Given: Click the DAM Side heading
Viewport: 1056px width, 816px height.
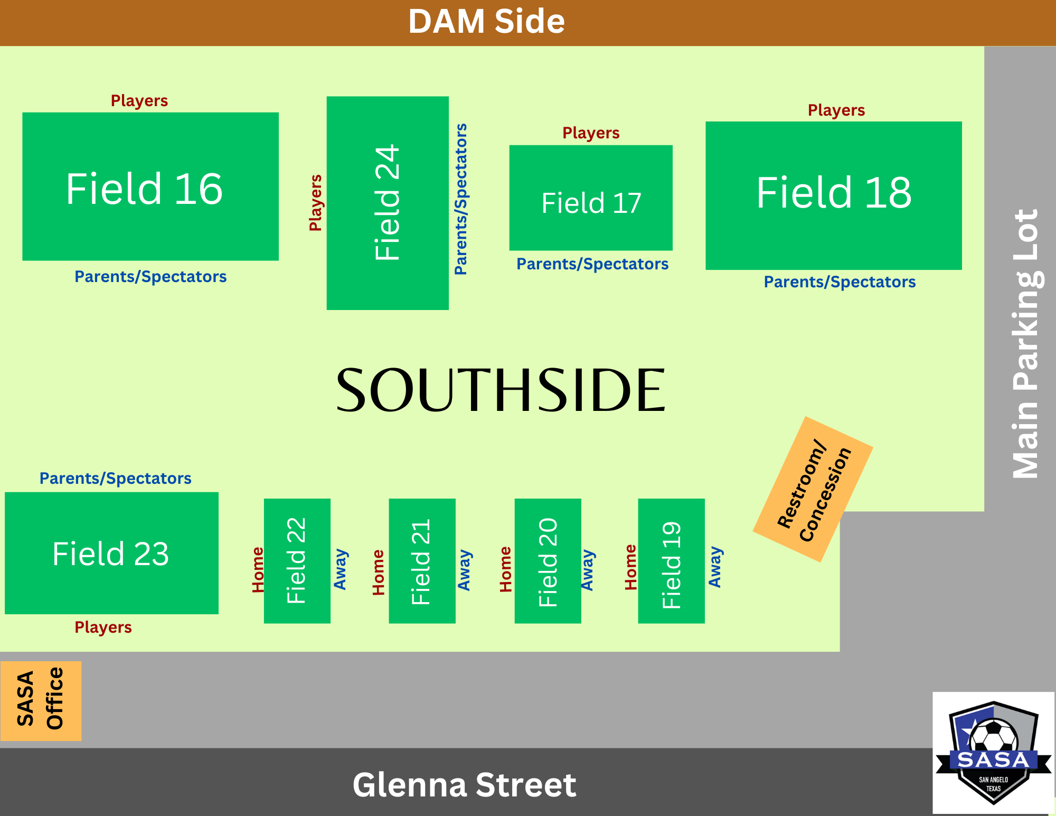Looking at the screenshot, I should [x=486, y=22].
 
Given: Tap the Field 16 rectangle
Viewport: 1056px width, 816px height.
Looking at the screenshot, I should [x=150, y=186].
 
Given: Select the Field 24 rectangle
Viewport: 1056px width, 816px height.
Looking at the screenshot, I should [x=388, y=203].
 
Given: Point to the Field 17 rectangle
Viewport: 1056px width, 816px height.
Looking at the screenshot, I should [x=591, y=198].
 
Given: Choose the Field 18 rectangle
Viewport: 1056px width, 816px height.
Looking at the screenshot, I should [x=833, y=195].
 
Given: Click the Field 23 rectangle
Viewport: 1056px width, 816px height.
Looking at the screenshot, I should [x=111, y=553].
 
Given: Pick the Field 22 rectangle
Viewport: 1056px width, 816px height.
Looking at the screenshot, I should [x=297, y=561].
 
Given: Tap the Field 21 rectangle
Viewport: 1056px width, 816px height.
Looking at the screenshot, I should [x=422, y=561].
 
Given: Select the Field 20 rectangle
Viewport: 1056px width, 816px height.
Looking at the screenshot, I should [x=548, y=561].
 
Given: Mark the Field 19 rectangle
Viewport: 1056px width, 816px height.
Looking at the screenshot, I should [x=671, y=561].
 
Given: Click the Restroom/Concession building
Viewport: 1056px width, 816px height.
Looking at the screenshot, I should [x=813, y=489].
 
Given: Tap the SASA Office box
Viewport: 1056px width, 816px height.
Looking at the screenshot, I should [x=41, y=701].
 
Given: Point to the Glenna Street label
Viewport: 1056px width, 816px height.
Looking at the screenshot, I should [x=464, y=785].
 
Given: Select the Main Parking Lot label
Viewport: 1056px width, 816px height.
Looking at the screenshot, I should [x=1025, y=343].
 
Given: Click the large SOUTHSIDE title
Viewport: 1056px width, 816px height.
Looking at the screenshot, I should [x=501, y=390].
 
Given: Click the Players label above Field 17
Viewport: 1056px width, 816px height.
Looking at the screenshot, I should [x=591, y=133].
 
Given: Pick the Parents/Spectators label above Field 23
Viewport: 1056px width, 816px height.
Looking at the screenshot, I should [x=115, y=479].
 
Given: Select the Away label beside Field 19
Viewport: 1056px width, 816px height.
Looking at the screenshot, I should [x=715, y=567].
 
